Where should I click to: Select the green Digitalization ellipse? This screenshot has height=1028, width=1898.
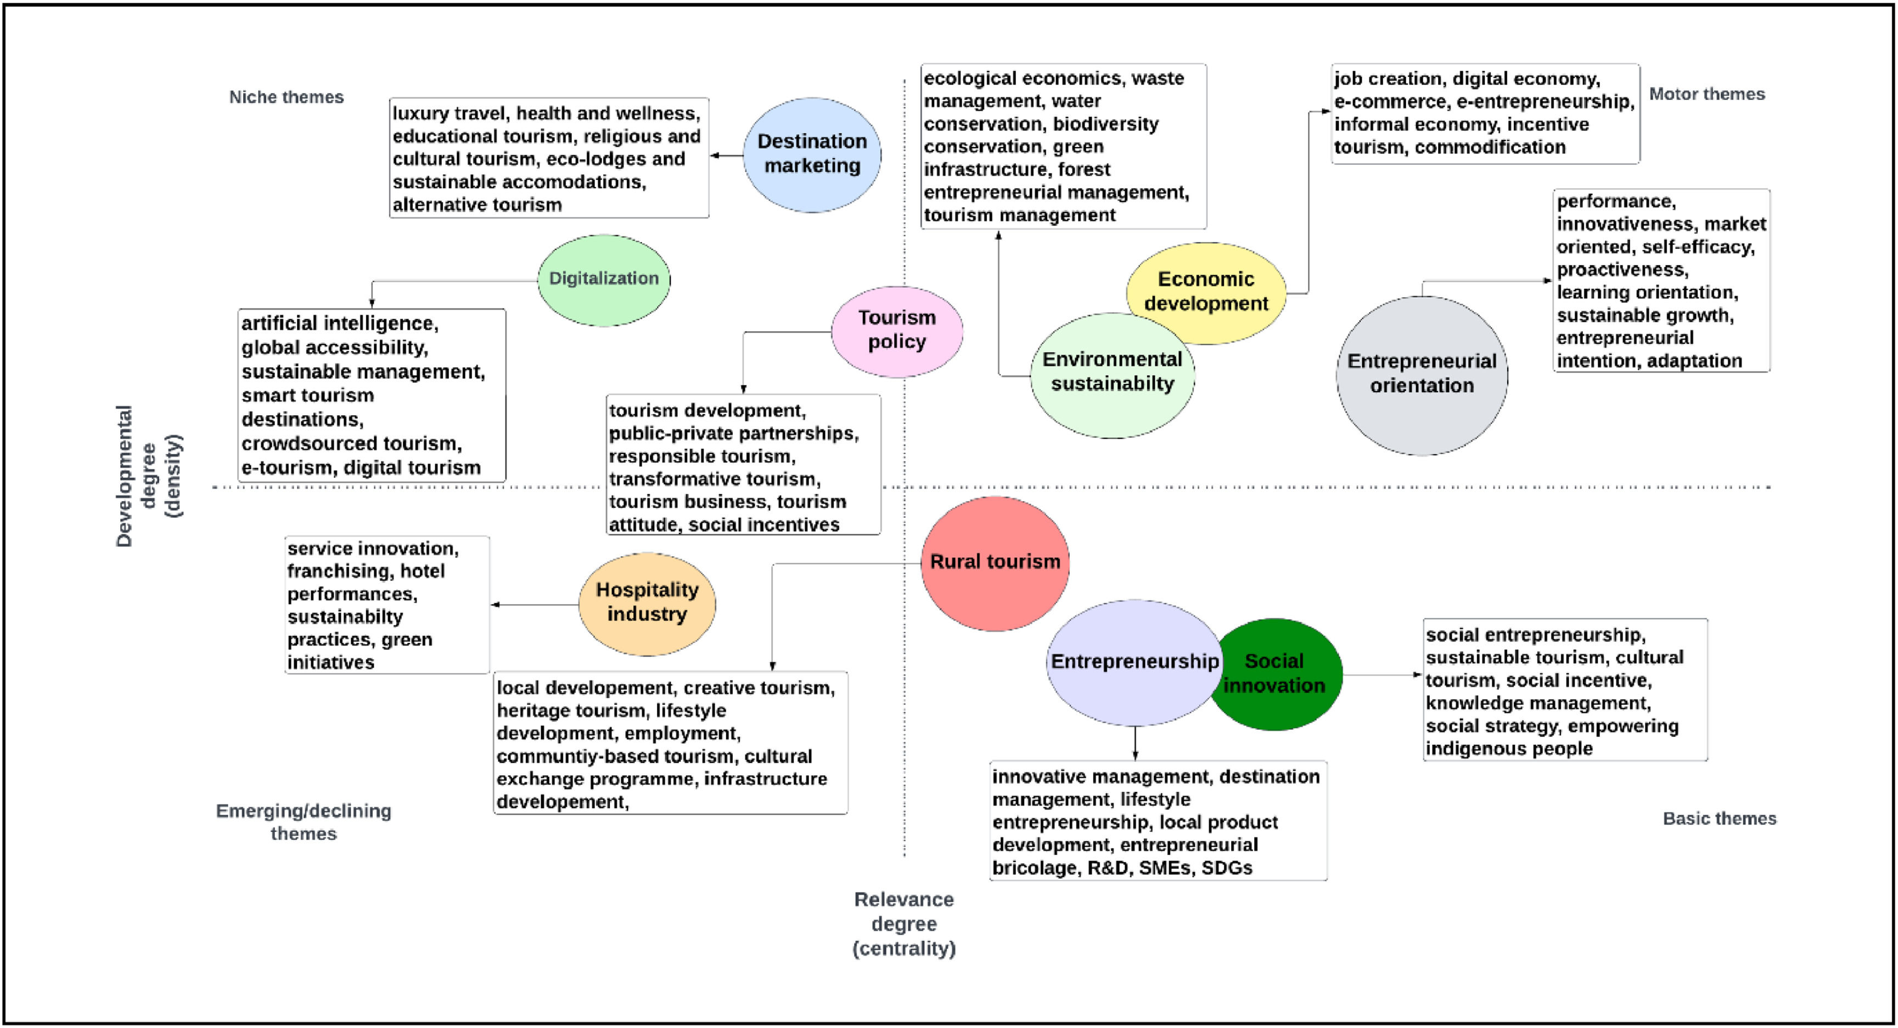(x=603, y=278)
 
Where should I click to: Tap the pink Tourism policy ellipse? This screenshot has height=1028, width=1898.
(x=897, y=330)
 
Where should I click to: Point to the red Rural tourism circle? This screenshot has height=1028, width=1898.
(x=995, y=562)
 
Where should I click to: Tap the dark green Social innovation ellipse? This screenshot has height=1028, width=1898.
(x=1282, y=674)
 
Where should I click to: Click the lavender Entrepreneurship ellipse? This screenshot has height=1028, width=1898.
(x=1134, y=662)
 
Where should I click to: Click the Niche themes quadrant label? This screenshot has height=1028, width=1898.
(x=286, y=97)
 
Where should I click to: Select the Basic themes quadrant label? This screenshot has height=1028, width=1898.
(x=1719, y=818)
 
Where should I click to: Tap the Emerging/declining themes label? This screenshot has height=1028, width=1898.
(x=304, y=822)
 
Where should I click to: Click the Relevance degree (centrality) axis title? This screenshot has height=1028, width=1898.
(x=904, y=923)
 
